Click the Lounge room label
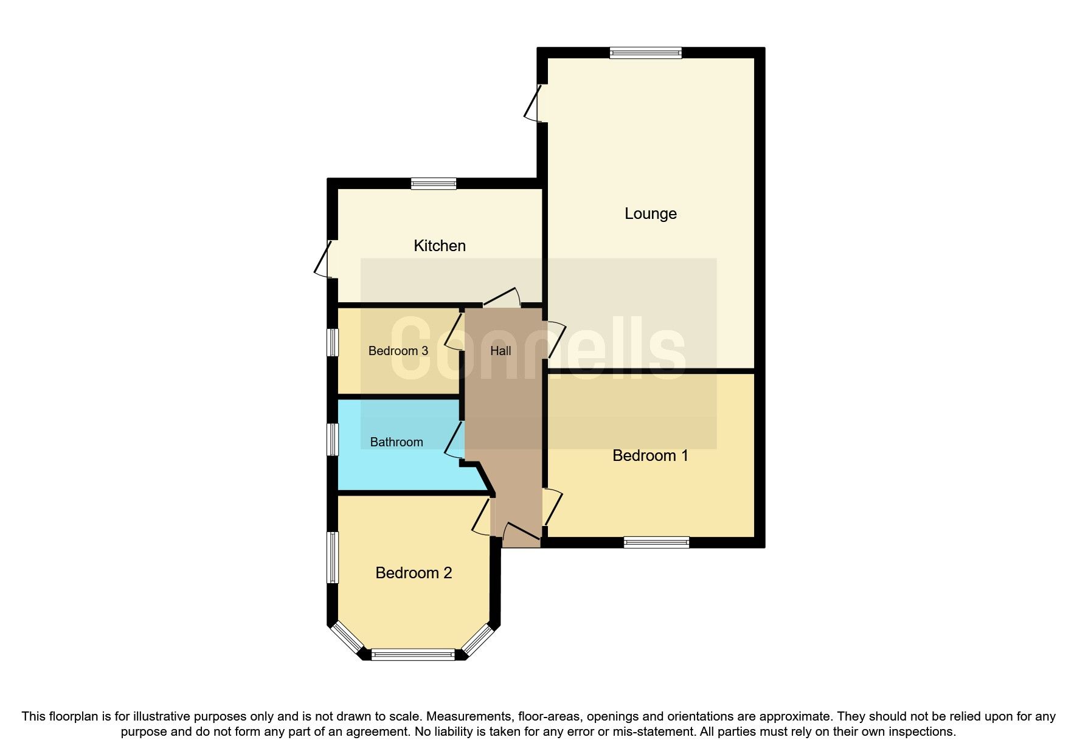(650, 213)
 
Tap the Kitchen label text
(439, 246)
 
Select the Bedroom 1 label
(649, 455)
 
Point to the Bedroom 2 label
(414, 573)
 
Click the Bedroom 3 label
(398, 351)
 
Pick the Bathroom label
(396, 442)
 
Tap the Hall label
(500, 351)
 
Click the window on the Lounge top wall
(645, 53)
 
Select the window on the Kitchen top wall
(433, 183)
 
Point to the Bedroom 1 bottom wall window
(656, 542)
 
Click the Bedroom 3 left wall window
(332, 342)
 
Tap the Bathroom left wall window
(332, 439)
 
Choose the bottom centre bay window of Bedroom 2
(413, 655)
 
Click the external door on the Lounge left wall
(534, 103)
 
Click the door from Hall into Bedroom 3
(454, 332)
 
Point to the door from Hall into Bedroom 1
(553, 507)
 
